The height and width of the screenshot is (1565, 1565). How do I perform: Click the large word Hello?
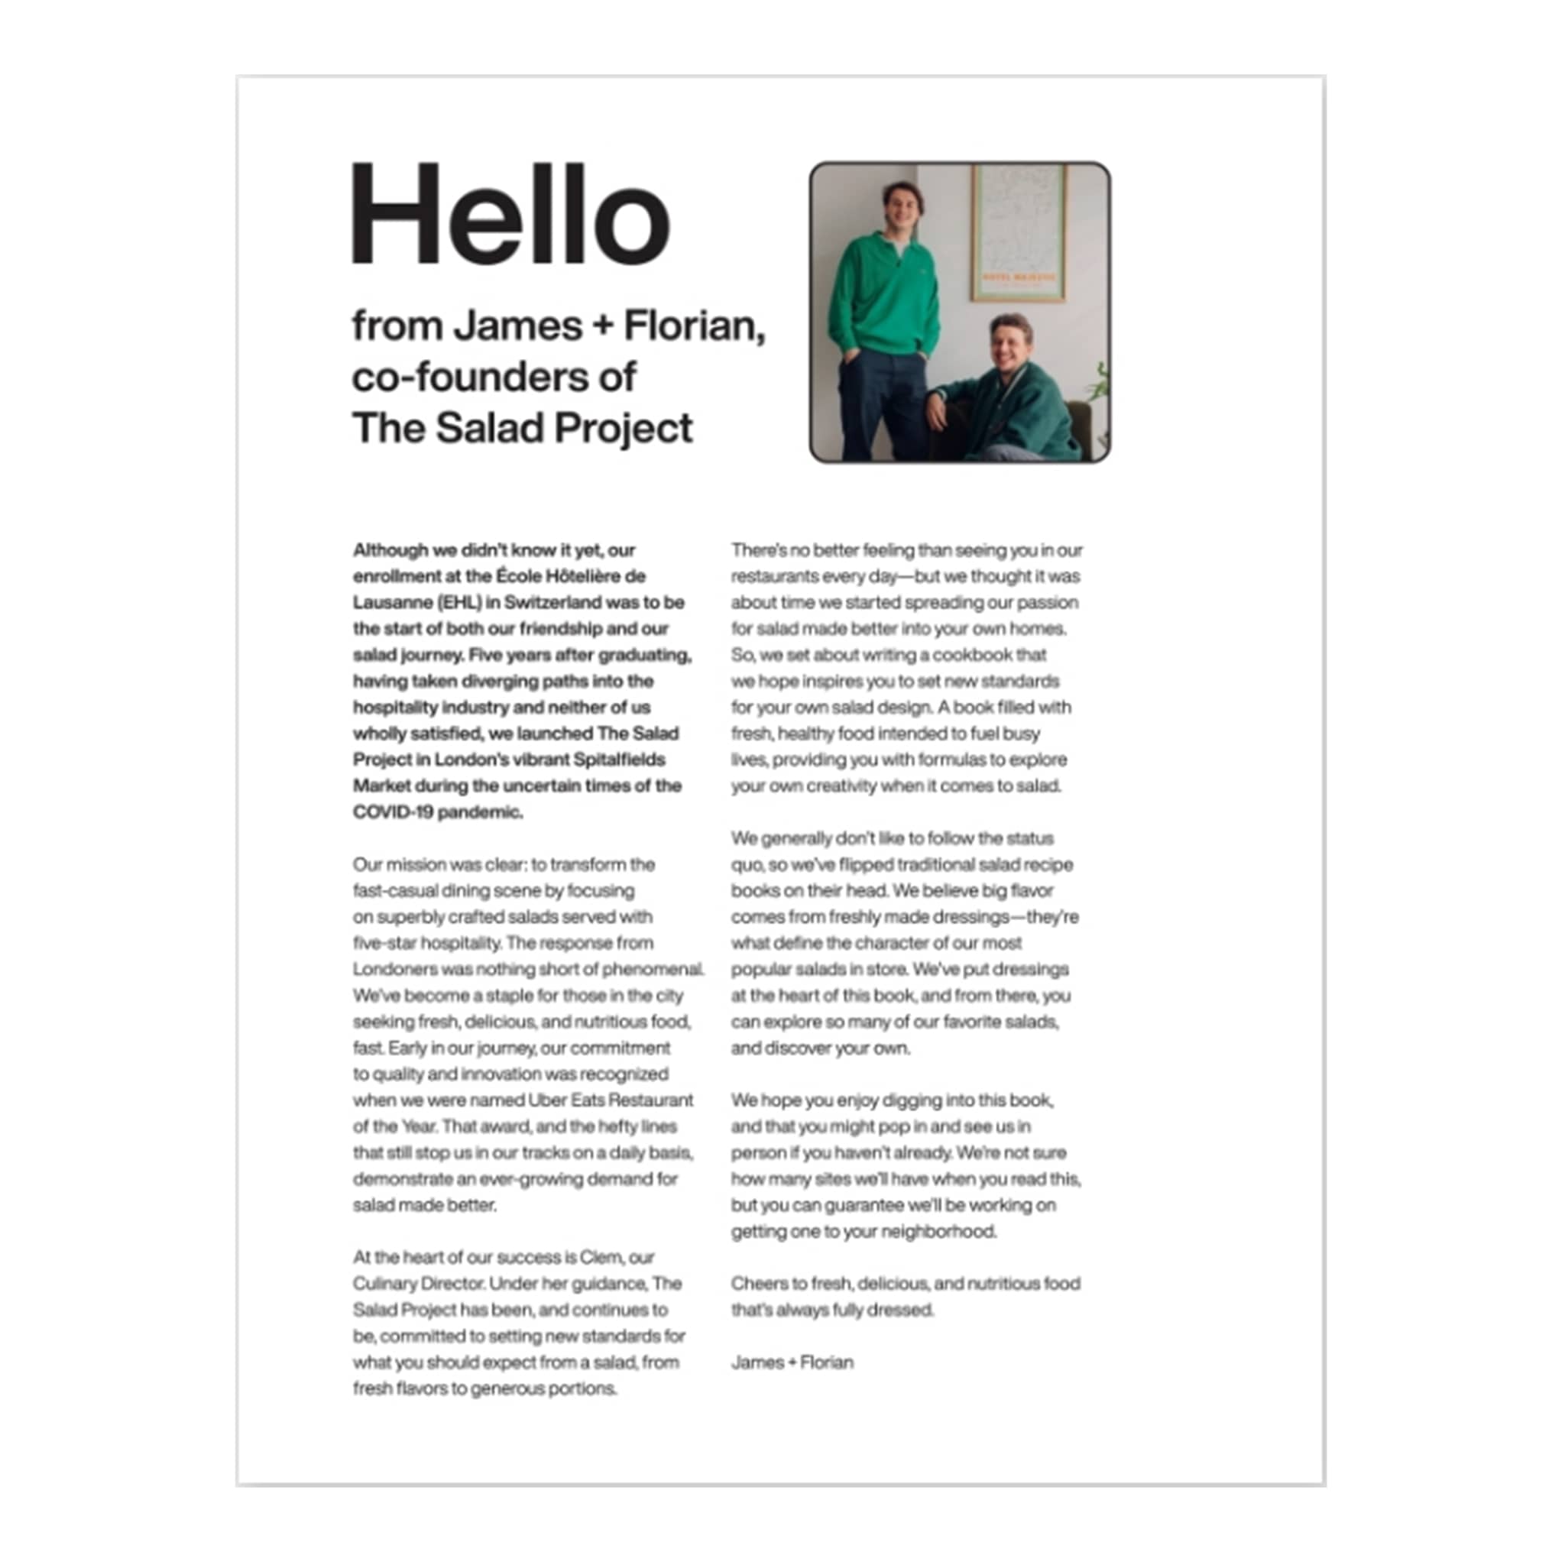point(510,214)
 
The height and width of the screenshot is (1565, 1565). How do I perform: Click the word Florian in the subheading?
point(693,326)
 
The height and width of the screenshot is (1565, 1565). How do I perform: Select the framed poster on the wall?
point(1018,232)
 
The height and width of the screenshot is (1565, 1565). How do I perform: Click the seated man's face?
point(1009,345)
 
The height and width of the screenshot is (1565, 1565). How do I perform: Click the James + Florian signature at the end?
point(792,1362)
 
